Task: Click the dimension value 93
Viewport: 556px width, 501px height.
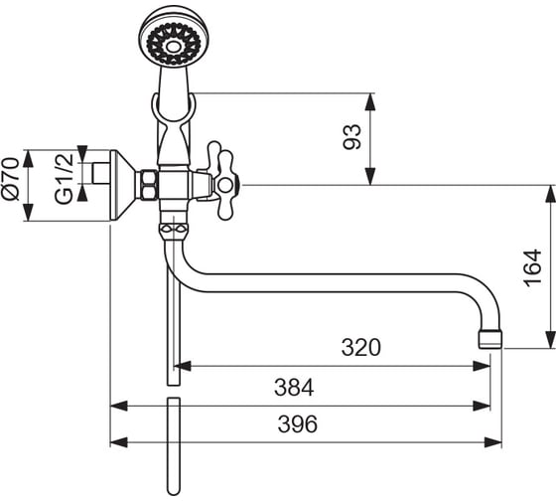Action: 352,137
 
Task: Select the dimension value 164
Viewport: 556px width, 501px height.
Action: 532,267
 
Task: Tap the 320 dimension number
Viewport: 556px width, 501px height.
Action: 361,347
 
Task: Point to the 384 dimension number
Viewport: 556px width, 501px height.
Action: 294,388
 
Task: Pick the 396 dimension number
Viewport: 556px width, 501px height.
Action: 298,423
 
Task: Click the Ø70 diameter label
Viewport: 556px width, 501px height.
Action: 10,179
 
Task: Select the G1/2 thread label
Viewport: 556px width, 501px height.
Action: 65,179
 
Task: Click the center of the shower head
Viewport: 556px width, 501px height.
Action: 174,47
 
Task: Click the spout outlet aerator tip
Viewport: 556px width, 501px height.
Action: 490,340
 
